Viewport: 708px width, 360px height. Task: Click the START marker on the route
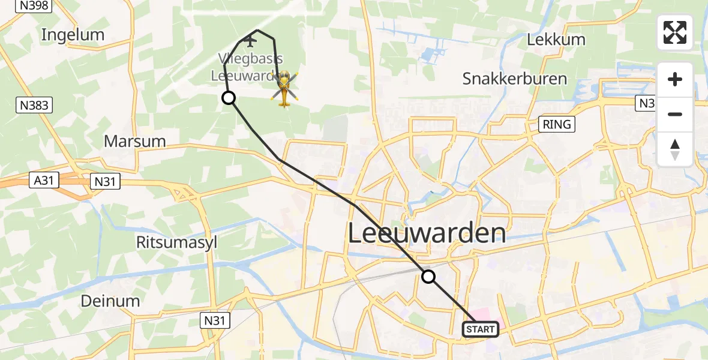[x=480, y=329]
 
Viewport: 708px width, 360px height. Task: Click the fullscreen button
[x=675, y=32]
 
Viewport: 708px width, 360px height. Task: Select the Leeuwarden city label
[x=427, y=233]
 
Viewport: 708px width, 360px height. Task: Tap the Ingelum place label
[x=73, y=35]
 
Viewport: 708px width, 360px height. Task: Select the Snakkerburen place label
[x=515, y=79]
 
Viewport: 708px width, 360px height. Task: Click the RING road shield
[x=557, y=124]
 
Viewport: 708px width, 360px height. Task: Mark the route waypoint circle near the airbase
[x=229, y=98]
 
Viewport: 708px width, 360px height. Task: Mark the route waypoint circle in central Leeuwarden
[x=428, y=277]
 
